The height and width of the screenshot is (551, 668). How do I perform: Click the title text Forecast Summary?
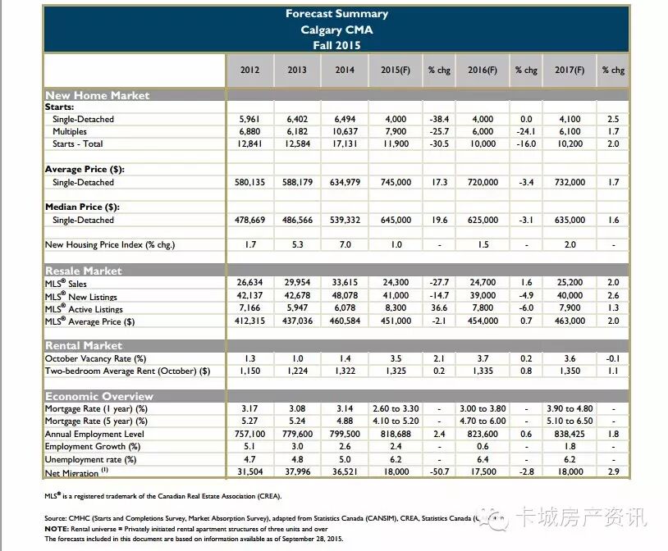[x=336, y=14]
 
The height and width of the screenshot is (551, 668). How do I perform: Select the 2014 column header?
[x=345, y=71]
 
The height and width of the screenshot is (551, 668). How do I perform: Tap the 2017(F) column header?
[x=569, y=71]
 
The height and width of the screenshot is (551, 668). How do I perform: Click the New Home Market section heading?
[x=97, y=95]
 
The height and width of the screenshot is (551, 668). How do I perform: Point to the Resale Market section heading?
[x=83, y=271]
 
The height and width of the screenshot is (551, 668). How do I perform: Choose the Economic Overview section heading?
[x=99, y=397]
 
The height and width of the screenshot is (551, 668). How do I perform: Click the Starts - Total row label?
[x=83, y=144]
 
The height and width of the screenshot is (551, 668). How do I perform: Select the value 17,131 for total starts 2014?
[x=345, y=144]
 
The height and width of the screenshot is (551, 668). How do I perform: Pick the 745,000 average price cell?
[x=395, y=182]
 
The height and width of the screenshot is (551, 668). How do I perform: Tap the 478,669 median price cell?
[x=249, y=220]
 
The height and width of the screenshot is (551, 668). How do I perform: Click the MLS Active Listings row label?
[x=84, y=309]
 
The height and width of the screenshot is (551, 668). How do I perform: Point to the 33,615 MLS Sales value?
[x=345, y=283]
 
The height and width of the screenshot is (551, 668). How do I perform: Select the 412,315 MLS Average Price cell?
[x=249, y=321]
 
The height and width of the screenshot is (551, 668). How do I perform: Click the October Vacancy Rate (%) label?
[x=95, y=358]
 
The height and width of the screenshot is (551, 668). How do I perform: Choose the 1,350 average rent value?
[x=569, y=371]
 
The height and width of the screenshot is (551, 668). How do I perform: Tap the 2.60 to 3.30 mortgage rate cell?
[x=395, y=408]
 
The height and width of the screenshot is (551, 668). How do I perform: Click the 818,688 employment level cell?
[x=395, y=434]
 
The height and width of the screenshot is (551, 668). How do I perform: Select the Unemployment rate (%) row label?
[x=91, y=459]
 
